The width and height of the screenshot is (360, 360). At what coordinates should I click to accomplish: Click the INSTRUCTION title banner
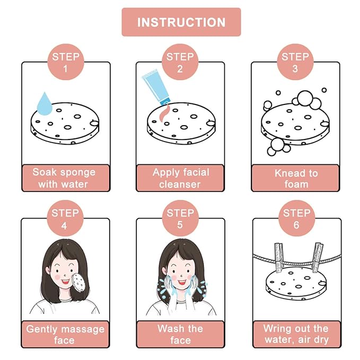coord(181,22)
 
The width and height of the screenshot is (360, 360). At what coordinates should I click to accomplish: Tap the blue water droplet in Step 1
coord(45,104)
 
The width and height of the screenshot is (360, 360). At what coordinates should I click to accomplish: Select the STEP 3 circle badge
coord(295,62)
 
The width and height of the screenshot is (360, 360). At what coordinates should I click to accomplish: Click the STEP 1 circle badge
coord(66,62)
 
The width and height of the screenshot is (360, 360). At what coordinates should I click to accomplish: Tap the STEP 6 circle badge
coord(296,218)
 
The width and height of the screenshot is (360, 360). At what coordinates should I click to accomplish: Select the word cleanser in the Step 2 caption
coord(180,185)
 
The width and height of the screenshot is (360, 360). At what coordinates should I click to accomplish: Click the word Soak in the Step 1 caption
coord(43,172)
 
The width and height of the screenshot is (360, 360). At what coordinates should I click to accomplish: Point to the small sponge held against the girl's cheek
coord(78,282)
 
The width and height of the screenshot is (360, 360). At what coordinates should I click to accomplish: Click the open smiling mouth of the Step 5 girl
coord(182,282)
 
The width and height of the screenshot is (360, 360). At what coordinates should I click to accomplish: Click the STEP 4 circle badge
coord(65,218)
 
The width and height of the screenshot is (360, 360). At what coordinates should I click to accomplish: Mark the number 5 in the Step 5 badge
coord(180,225)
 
